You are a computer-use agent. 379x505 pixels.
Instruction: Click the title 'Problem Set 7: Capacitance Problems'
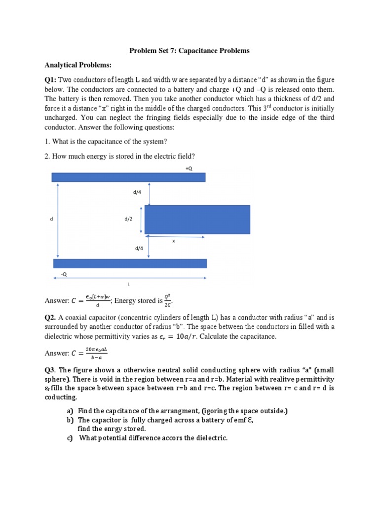point(189,51)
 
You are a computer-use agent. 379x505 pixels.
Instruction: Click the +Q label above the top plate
point(189,168)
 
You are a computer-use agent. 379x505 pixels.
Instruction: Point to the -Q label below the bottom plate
point(63,273)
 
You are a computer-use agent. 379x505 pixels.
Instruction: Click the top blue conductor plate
point(128,177)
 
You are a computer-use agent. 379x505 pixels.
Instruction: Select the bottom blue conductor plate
point(129,263)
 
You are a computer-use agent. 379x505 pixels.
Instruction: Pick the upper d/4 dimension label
point(137,192)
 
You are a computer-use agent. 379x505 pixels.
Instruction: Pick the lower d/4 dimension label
point(139,249)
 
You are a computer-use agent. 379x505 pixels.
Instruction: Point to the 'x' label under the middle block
point(173,241)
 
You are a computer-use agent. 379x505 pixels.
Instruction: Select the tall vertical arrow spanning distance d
point(58,220)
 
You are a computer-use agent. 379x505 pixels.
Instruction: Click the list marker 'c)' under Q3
point(70,437)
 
